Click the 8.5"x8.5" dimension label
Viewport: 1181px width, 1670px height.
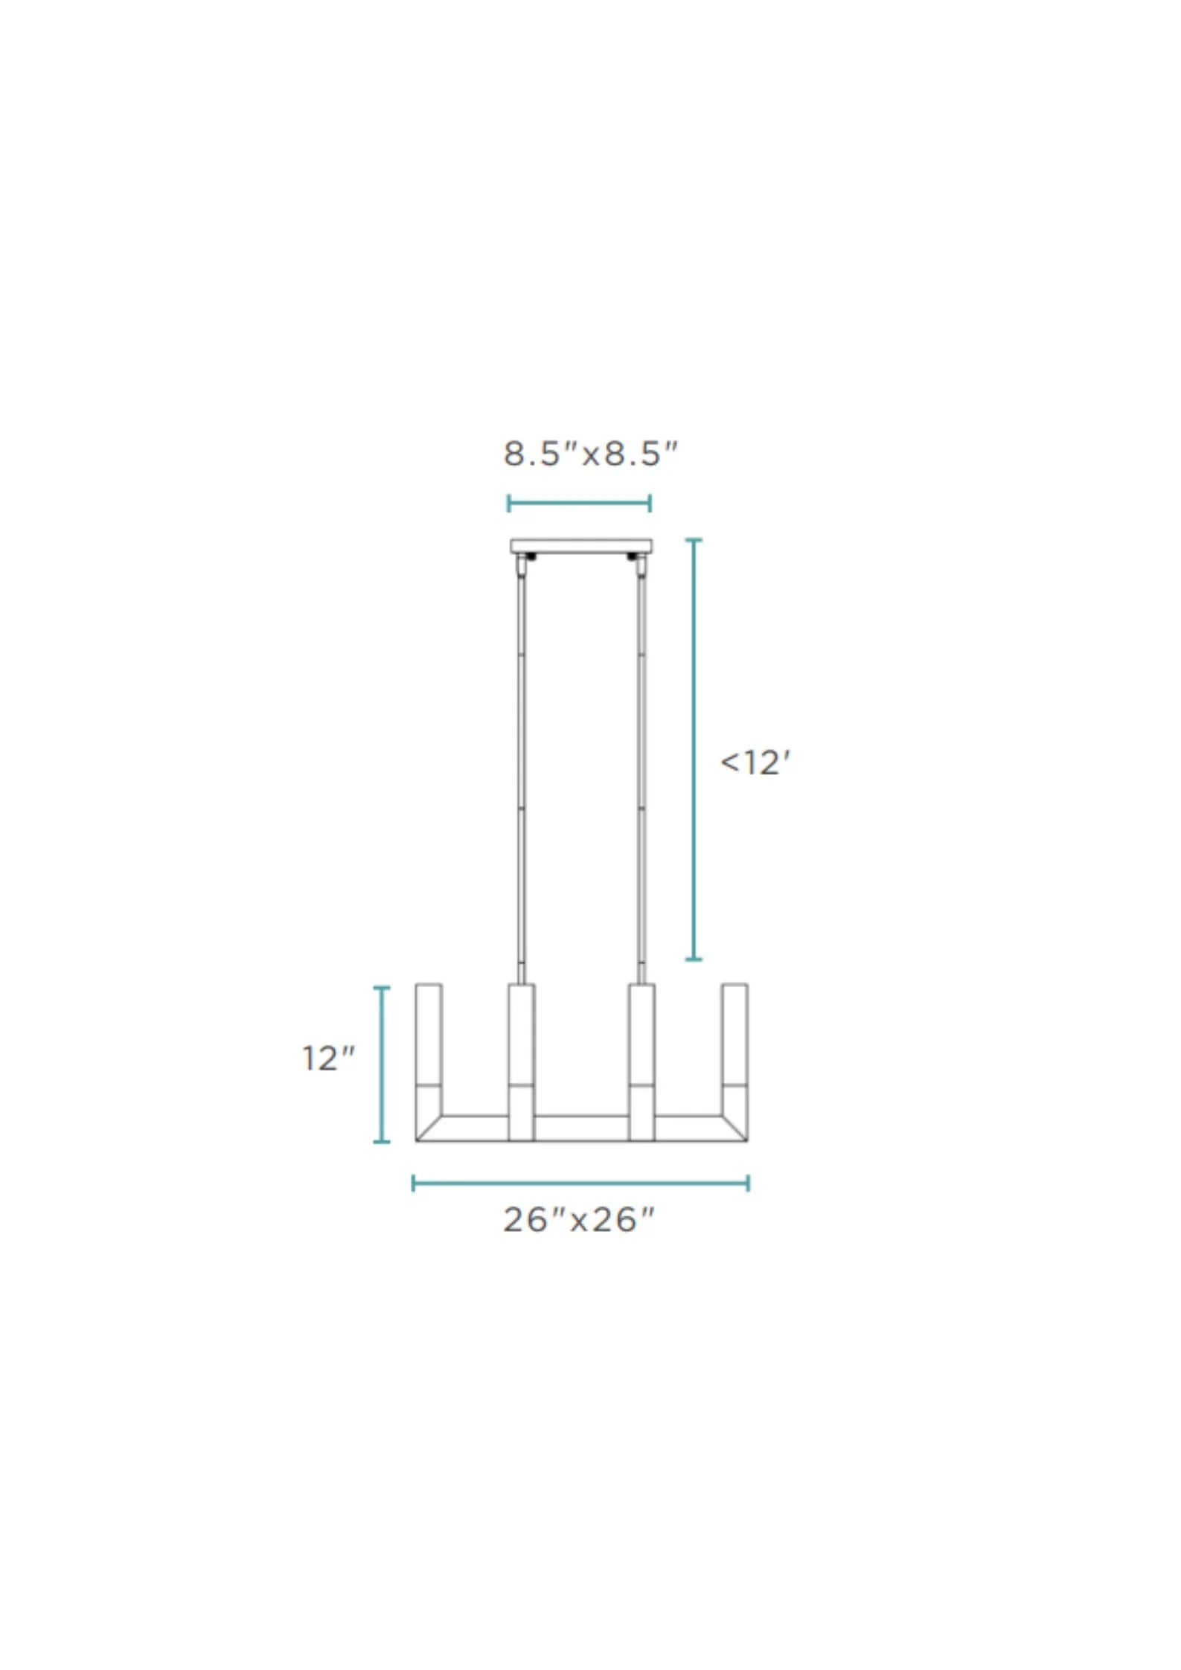click(x=591, y=454)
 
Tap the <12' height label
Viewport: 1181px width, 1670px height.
click(x=755, y=763)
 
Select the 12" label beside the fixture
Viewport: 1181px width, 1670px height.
click(x=328, y=1059)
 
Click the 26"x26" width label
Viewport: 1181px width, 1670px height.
click(x=580, y=1221)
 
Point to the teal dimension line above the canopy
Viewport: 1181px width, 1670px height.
click(x=579, y=504)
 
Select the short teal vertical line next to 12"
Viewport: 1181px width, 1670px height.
click(x=382, y=1064)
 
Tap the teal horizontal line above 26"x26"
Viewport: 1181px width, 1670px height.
click(x=580, y=1184)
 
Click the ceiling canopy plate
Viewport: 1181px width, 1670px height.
click(x=581, y=547)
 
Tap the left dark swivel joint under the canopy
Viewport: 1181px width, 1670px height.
click(x=531, y=556)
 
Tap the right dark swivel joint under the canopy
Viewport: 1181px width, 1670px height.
click(x=633, y=556)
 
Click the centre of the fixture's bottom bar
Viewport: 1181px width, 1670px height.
click(x=581, y=1128)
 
